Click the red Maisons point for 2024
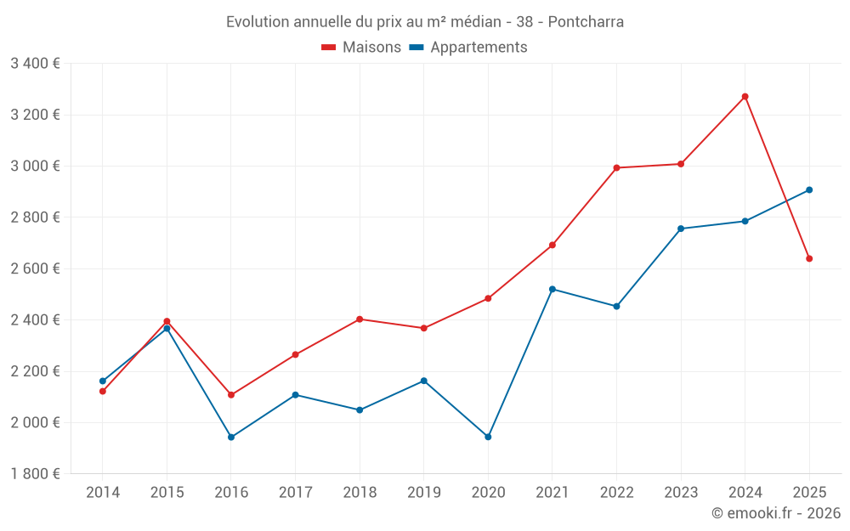point(745,97)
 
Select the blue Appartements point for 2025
point(809,190)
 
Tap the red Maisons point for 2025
point(809,258)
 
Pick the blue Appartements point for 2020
point(488,437)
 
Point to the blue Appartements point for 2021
point(552,289)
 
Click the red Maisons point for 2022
point(616,167)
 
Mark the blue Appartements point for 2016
point(231,437)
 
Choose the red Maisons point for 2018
point(360,319)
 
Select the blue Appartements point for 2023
point(681,229)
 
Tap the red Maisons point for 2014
point(103,391)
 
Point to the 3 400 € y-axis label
point(35,64)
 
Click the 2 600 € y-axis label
point(35,268)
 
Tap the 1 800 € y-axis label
point(35,474)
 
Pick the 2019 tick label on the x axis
point(424,492)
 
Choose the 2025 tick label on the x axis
point(809,492)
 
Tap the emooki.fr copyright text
point(776,513)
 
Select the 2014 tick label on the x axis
point(103,492)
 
